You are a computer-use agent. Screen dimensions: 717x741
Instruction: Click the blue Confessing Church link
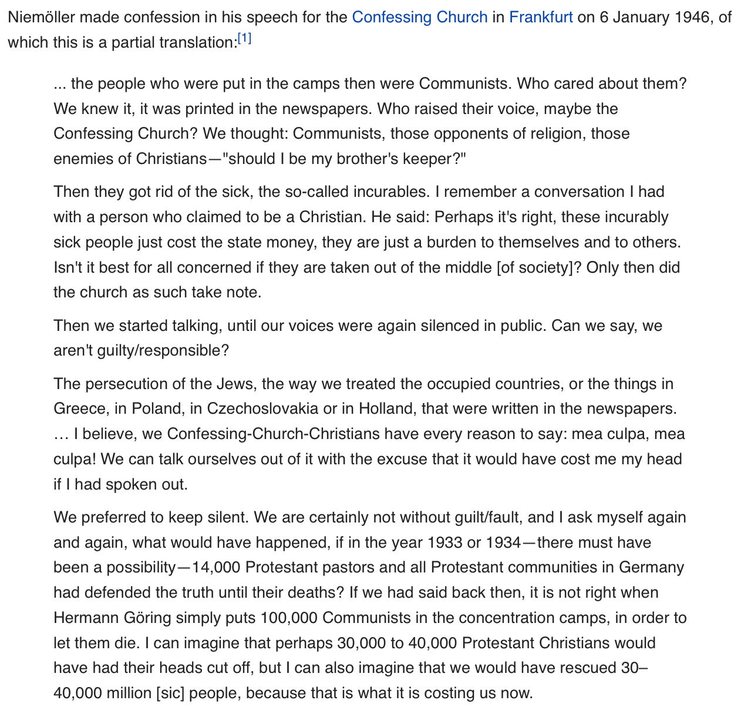click(x=419, y=17)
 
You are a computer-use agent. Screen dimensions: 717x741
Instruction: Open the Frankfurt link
click(x=541, y=17)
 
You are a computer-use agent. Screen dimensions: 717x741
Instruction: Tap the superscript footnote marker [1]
click(x=244, y=39)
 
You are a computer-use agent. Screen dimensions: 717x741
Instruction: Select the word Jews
click(x=235, y=384)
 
